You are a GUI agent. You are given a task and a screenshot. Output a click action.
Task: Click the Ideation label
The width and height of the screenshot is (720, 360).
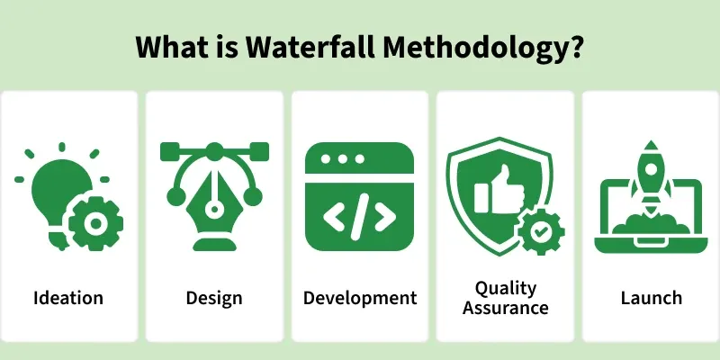point(68,298)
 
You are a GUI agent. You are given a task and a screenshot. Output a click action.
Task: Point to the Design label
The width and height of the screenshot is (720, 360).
point(214,298)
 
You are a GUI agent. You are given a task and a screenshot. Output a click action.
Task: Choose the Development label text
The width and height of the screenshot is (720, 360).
point(360,298)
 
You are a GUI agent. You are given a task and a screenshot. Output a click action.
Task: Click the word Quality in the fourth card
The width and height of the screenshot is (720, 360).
point(505,288)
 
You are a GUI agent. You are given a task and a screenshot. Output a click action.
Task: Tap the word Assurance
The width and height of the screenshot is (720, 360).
point(505,308)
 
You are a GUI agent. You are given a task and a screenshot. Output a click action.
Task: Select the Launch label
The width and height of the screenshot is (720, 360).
point(651,298)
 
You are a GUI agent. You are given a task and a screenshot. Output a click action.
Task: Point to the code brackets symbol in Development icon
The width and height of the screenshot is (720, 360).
point(360,217)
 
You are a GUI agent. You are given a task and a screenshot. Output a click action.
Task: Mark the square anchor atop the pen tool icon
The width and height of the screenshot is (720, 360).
point(214,151)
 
